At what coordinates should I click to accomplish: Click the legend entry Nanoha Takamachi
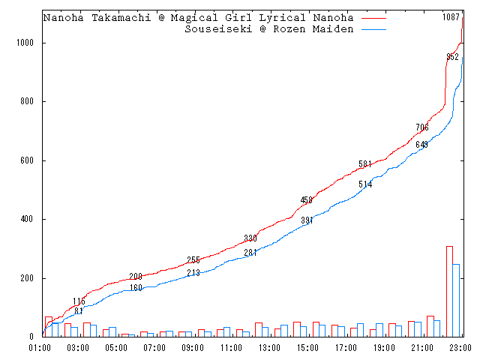point(199,17)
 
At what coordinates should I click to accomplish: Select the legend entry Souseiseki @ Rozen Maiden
point(268,29)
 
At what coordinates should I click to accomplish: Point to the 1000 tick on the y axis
point(28,43)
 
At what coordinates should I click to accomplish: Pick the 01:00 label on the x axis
point(40,348)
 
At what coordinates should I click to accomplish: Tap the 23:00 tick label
point(460,348)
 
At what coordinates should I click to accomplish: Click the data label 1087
point(451,16)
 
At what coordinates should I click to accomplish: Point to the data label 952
point(452,57)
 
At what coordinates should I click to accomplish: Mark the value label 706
point(422,127)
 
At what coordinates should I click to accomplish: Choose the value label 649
point(421,144)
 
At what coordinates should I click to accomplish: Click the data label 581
point(365,164)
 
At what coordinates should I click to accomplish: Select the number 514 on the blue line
point(365,184)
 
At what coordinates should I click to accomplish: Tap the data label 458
point(307,200)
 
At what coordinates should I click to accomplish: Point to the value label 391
point(307,220)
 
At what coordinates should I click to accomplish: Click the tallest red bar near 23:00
point(449,291)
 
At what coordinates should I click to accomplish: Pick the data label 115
point(79,301)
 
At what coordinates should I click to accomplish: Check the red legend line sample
point(373,17)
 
